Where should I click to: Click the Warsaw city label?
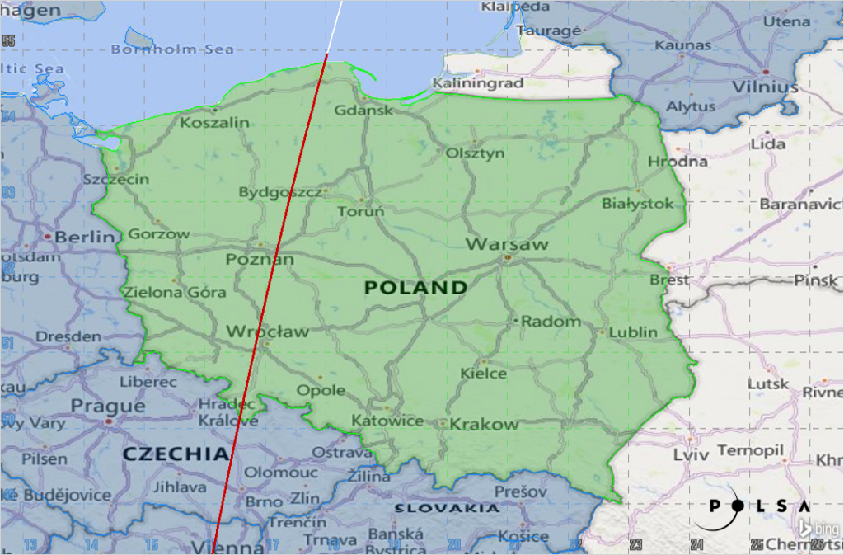pos(507,245)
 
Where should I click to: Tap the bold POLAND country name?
pos(415,288)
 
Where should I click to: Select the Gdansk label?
pos(364,111)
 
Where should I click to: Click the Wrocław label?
pos(267,332)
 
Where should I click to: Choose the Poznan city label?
pos(260,260)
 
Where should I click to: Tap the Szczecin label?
pos(116,180)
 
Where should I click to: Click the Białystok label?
pos(637,203)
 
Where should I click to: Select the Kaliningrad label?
pos(478,84)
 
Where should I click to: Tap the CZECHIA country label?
pos(175,454)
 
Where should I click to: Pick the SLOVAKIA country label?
pos(446,509)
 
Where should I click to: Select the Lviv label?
pos(691,454)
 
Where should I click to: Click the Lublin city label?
pos(633,332)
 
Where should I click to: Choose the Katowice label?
pos(387,421)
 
